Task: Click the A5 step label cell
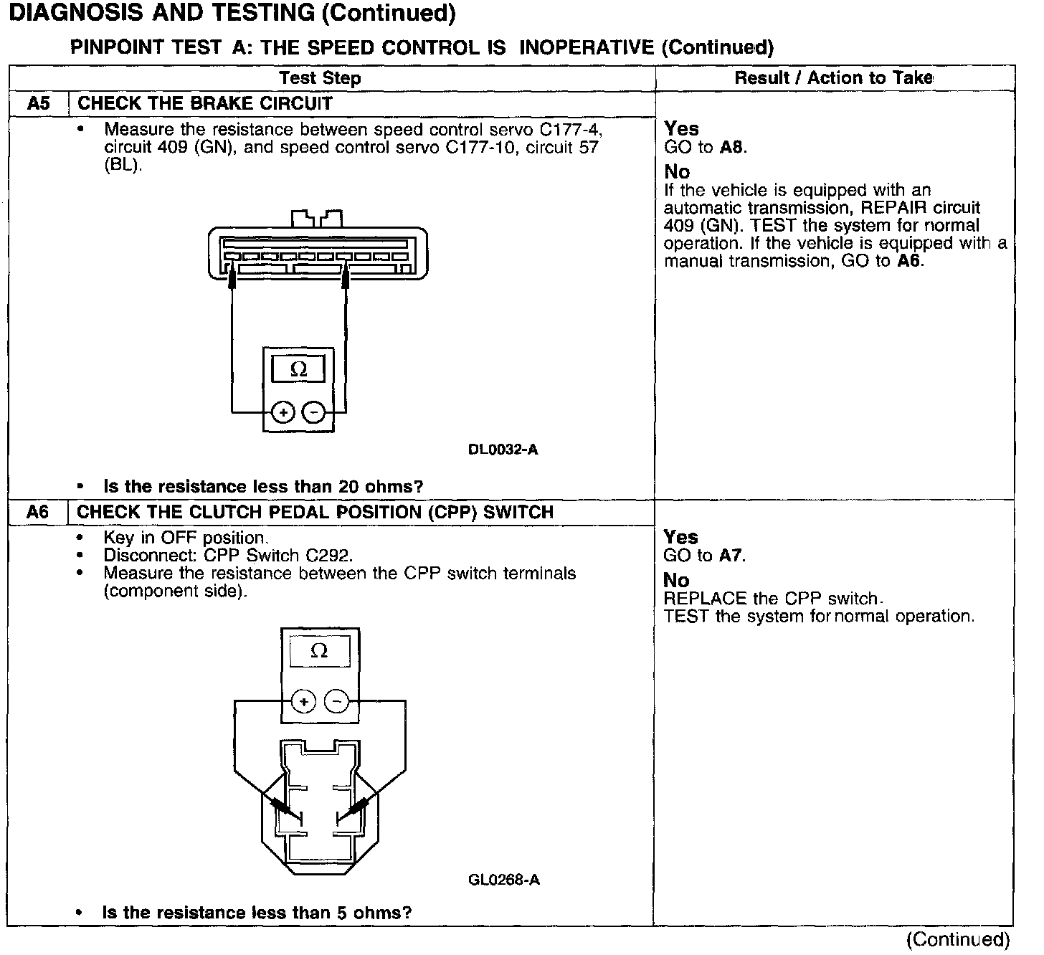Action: click(x=39, y=104)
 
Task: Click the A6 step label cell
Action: click(x=38, y=513)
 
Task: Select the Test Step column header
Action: click(x=320, y=78)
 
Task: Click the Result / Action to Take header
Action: click(x=833, y=78)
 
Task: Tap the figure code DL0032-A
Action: click(x=503, y=450)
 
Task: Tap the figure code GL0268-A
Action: click(x=503, y=880)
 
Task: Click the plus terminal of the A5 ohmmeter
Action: click(x=283, y=412)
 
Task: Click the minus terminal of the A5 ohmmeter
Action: click(x=313, y=412)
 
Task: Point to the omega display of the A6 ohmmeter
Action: click(x=319, y=651)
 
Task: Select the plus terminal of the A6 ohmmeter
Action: click(x=304, y=701)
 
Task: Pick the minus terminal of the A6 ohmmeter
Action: click(x=337, y=701)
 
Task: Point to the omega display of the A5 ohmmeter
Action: click(x=298, y=370)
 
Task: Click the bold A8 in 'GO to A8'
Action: click(x=733, y=148)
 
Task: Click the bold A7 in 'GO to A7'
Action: click(x=731, y=556)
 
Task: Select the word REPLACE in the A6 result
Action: click(x=698, y=599)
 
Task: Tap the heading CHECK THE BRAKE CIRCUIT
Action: click(x=205, y=104)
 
